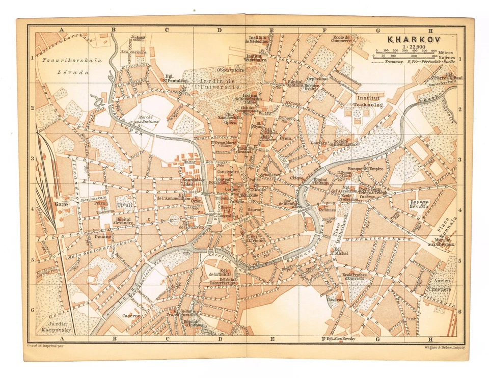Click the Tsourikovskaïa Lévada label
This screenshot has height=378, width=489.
click(66, 66)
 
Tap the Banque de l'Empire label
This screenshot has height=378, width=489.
click(365, 169)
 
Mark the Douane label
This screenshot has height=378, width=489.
click(102, 237)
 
